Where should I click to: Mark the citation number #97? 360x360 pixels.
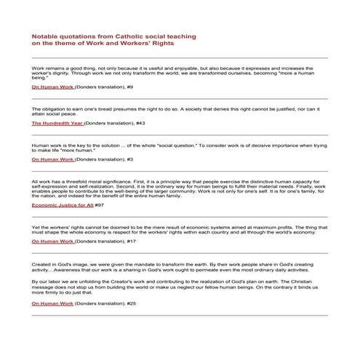pyautogui.click(x=100, y=205)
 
